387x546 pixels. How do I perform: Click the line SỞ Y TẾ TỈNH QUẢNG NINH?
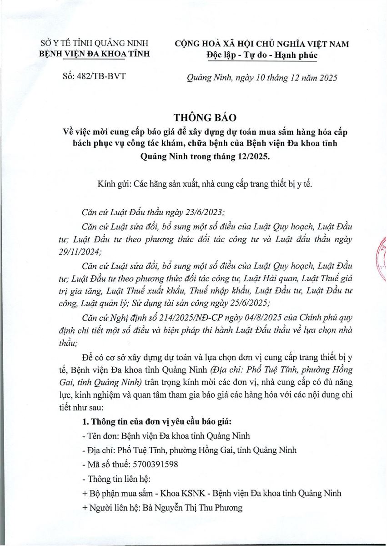point(95,44)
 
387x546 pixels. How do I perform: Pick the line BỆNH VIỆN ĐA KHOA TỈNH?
point(95,55)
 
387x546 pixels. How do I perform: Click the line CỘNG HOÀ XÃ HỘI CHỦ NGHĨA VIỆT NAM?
point(261,44)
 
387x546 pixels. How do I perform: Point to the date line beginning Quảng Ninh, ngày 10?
point(262,78)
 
